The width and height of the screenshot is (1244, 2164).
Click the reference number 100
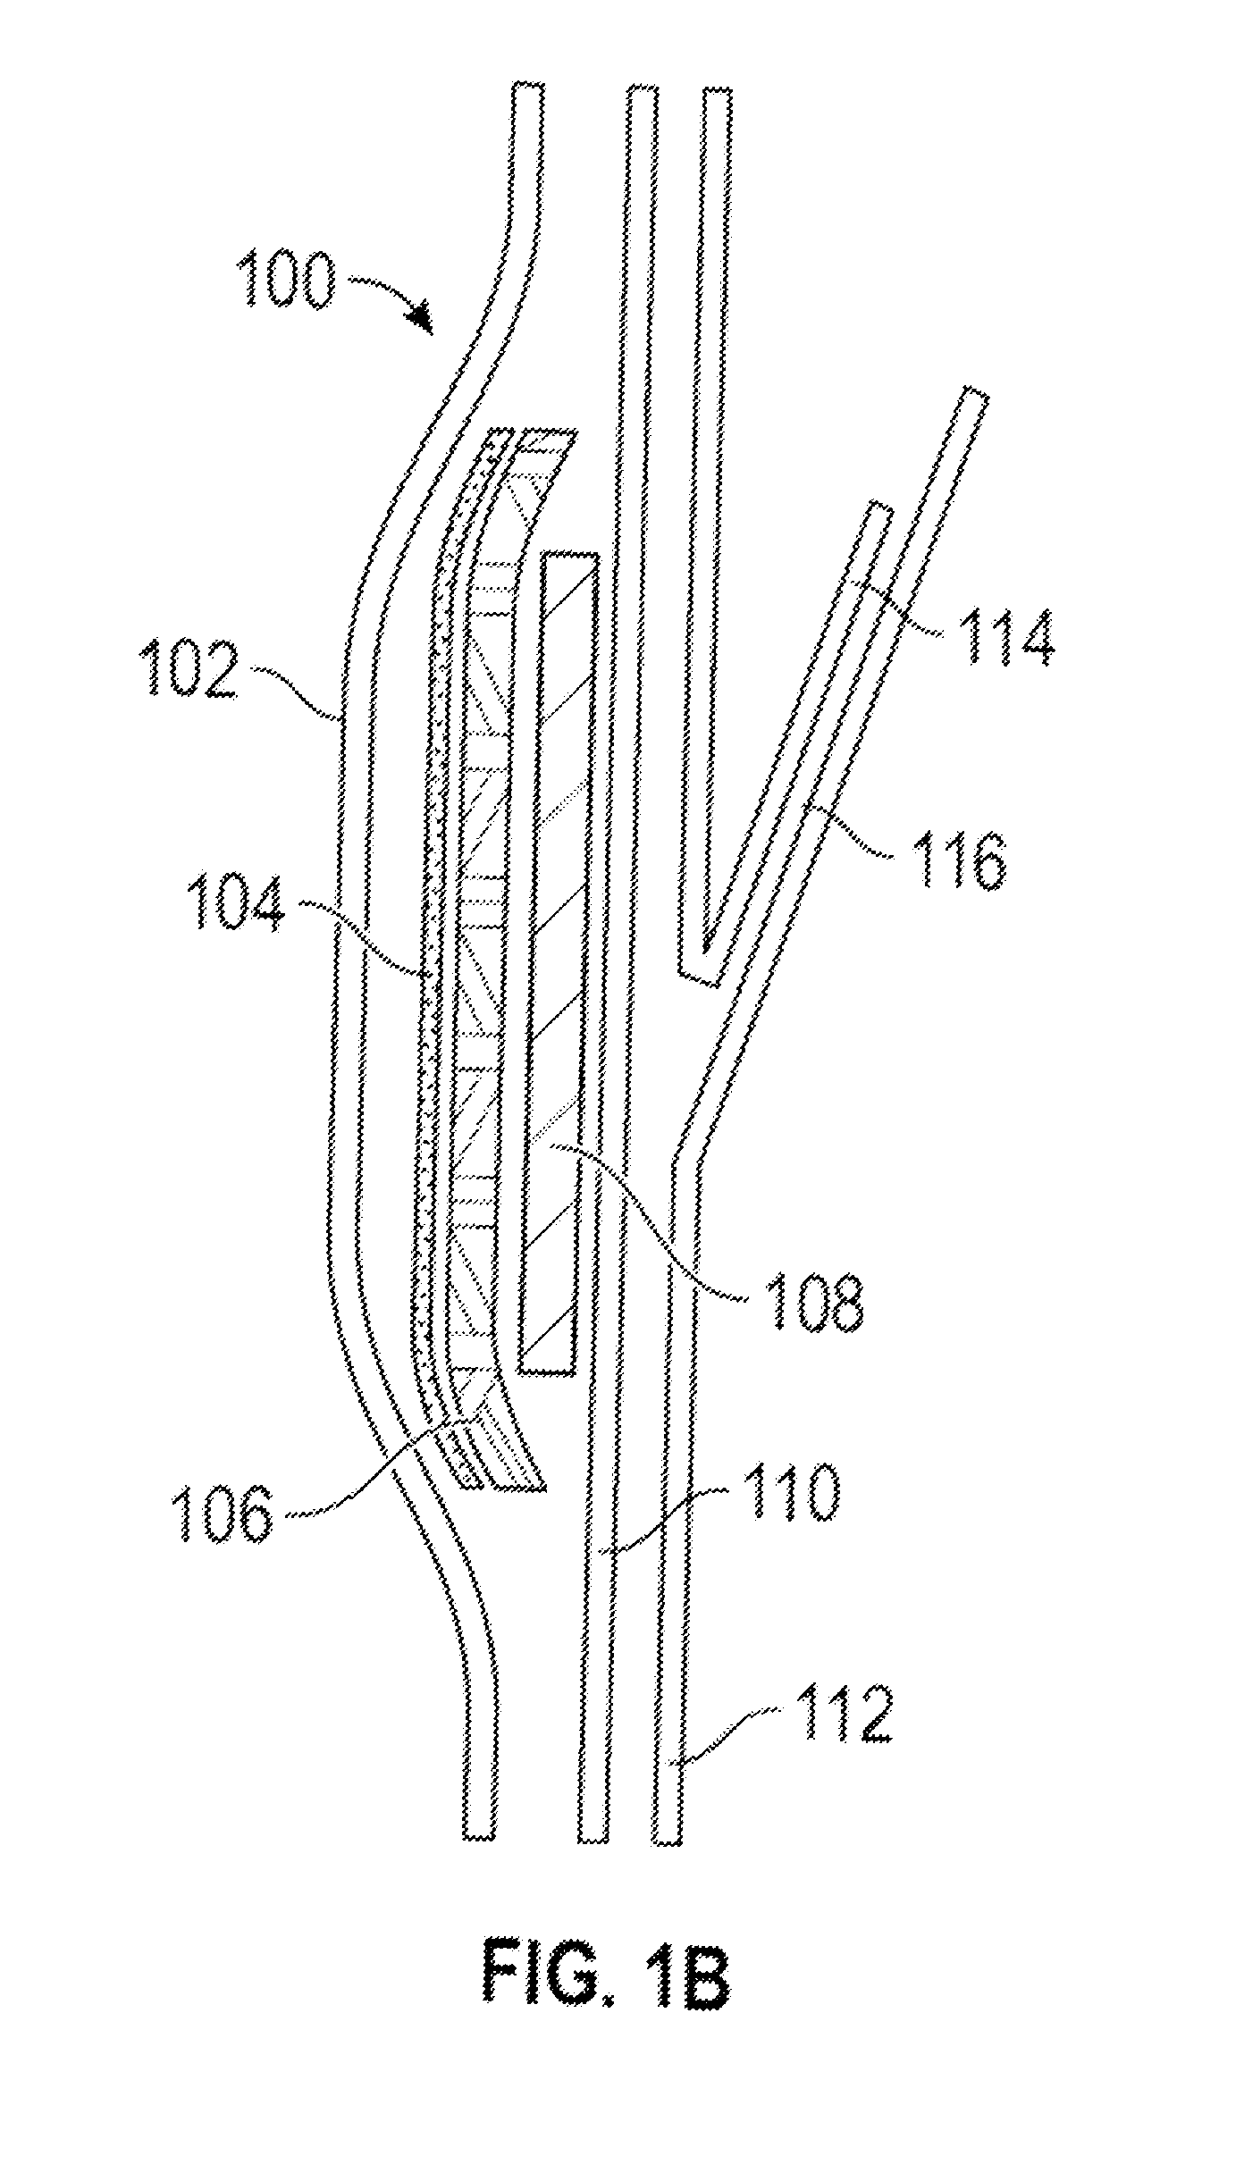pos(288,279)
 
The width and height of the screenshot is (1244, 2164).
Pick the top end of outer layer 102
pos(527,87)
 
